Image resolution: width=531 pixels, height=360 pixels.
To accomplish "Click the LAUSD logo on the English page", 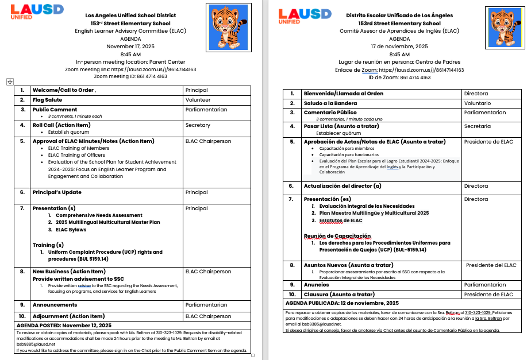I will (29, 11).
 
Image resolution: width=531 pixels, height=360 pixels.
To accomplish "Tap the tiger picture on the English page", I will (229, 26).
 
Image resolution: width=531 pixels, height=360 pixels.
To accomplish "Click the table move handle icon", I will (9, 82).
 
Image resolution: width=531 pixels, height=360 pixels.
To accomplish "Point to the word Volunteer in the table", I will (198, 100).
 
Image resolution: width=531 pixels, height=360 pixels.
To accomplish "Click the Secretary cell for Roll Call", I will (198, 125).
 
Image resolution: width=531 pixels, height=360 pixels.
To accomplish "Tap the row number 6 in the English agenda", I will (22, 192).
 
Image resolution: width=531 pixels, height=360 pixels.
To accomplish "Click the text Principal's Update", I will (57, 192).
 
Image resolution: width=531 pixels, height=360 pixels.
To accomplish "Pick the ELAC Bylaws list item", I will (71, 230).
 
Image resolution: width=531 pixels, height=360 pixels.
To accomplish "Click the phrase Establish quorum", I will (68, 132).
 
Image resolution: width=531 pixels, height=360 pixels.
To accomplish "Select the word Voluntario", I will (478, 103).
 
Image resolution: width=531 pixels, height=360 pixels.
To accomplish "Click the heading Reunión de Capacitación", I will (337, 236).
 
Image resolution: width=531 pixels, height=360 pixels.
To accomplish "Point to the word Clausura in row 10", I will (318, 295).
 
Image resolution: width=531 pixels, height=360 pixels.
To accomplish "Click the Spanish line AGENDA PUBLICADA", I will (342, 303).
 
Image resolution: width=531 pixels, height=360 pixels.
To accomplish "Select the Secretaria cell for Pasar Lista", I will (478, 126).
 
